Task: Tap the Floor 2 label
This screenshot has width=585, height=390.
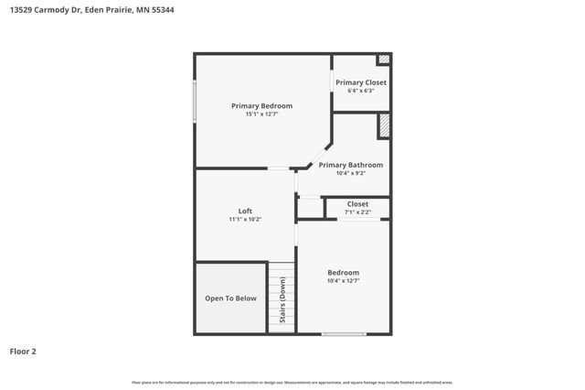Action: [x=23, y=351]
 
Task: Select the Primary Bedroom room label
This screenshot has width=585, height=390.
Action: [x=261, y=106]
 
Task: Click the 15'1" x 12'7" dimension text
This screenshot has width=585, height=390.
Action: [x=261, y=114]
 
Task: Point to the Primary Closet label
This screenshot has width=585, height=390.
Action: [x=360, y=82]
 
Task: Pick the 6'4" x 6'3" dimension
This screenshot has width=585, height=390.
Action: [x=360, y=91]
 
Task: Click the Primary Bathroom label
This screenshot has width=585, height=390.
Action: [x=350, y=165]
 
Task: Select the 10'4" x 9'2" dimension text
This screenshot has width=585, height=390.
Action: [x=350, y=173]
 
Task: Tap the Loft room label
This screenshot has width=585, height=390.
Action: [x=245, y=211]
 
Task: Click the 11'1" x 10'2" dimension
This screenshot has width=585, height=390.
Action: [x=245, y=220]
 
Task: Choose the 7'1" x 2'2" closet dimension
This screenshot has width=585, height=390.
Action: [x=357, y=212]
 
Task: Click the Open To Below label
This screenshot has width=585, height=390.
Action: [x=230, y=298]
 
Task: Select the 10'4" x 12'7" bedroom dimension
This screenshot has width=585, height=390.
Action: [x=344, y=281]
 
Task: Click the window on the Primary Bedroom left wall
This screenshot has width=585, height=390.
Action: [x=194, y=101]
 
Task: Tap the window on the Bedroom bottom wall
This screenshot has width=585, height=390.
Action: [x=344, y=334]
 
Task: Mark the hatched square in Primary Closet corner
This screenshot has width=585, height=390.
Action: [x=384, y=60]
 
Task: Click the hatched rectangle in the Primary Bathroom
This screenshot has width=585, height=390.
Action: [x=385, y=125]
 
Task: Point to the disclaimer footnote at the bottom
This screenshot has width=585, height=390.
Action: [x=292, y=382]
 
